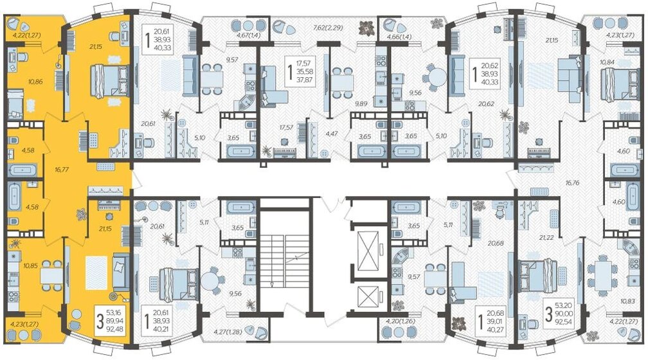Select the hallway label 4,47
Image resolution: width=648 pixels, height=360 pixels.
[x=332, y=134]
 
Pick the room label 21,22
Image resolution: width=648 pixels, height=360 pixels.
[x=548, y=237]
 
